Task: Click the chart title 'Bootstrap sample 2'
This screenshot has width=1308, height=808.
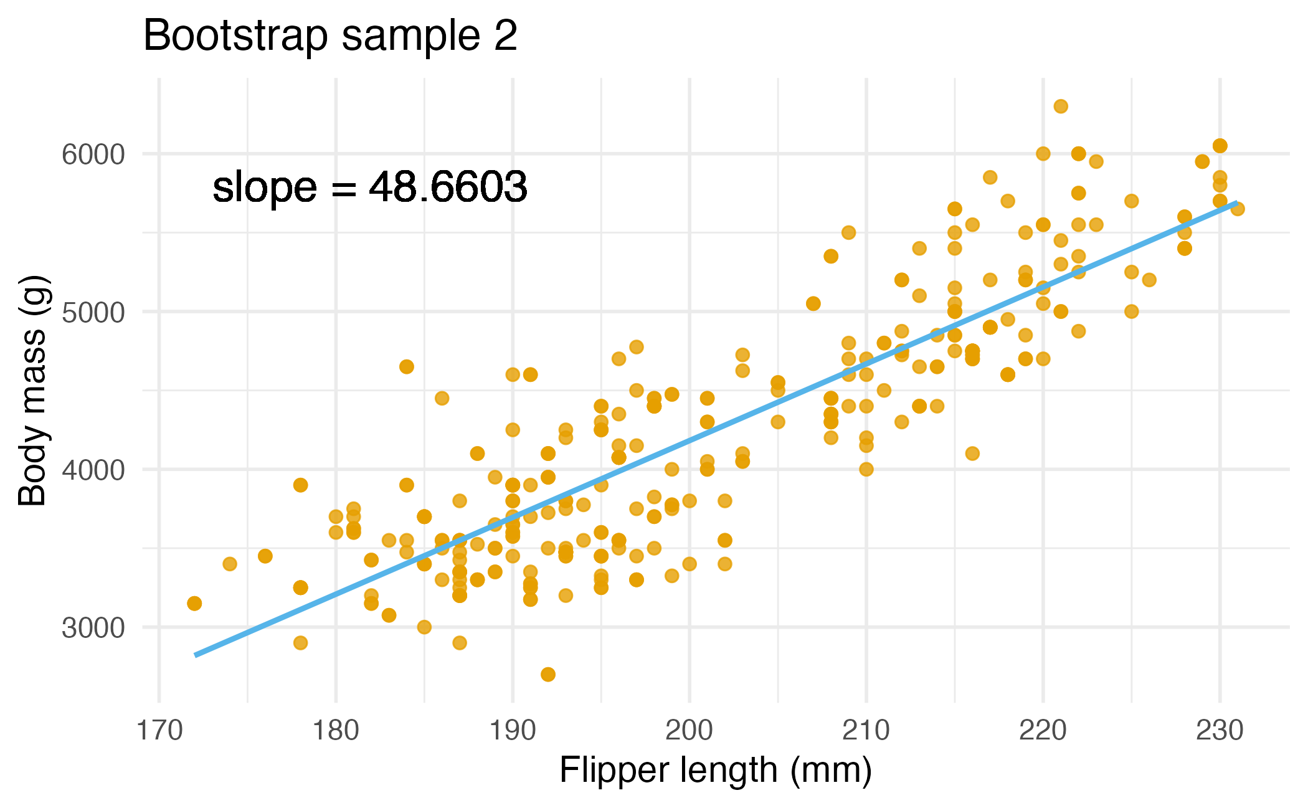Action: (330, 36)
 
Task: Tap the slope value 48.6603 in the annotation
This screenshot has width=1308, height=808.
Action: (448, 186)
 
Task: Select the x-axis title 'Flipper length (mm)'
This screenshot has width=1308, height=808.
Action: (715, 771)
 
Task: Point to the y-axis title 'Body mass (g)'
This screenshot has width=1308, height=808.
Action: (32, 391)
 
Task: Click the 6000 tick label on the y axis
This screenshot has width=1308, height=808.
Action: (93, 154)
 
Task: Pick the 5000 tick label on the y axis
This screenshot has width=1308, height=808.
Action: (93, 312)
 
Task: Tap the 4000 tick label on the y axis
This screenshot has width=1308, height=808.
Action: (93, 470)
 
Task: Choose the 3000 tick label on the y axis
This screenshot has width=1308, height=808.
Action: (93, 628)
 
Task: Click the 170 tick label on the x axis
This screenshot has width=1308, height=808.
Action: (159, 731)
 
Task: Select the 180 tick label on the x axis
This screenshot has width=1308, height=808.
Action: (336, 731)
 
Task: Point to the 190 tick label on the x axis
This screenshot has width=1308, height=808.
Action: (513, 731)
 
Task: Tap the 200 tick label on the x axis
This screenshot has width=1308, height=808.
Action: (690, 731)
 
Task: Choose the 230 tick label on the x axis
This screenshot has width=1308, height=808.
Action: (1220, 731)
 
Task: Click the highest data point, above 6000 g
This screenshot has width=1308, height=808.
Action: (1061, 107)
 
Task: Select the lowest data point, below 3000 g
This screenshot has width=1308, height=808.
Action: (548, 674)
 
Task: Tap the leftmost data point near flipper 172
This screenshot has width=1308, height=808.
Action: (194, 603)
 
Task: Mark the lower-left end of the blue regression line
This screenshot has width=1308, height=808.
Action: (196, 655)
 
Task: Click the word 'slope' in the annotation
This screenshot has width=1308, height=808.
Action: (264, 188)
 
